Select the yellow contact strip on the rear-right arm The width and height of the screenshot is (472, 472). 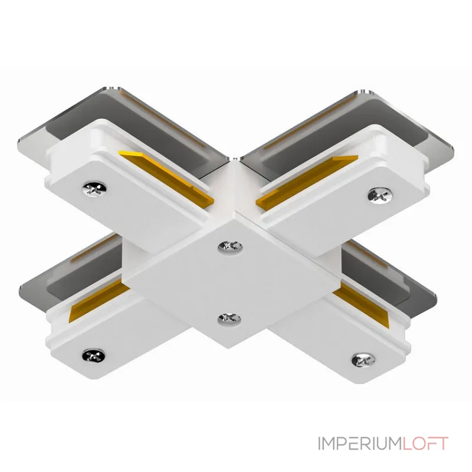(x=307, y=180)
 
